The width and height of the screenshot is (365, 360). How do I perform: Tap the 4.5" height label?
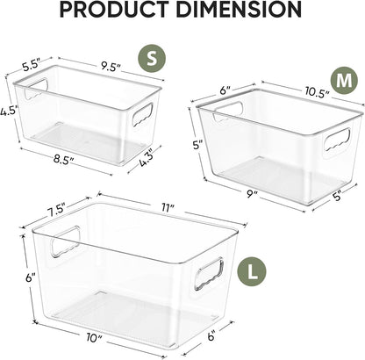point(9,112)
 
